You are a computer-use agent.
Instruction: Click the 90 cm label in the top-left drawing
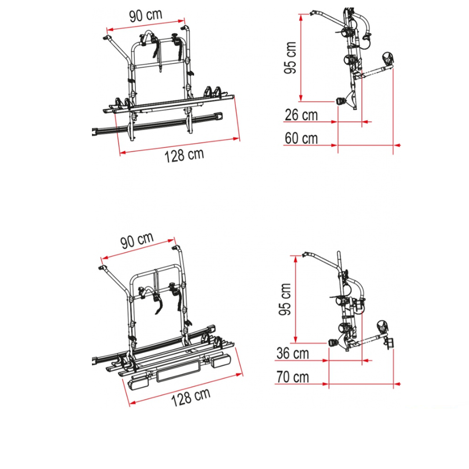tap(146, 15)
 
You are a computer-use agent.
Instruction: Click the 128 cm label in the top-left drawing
tap(184, 156)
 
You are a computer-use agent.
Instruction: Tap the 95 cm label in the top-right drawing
tap(290, 58)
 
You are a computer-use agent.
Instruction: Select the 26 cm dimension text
tap(301, 115)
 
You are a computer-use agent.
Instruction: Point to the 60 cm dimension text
tap(301, 138)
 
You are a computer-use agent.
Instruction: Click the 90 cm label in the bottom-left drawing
tap(137, 241)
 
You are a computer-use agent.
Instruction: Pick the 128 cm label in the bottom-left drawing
tap(191, 398)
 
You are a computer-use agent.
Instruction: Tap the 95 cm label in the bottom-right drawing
tap(285, 299)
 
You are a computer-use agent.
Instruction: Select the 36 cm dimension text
tap(293, 353)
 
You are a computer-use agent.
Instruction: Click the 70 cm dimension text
tap(293, 377)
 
